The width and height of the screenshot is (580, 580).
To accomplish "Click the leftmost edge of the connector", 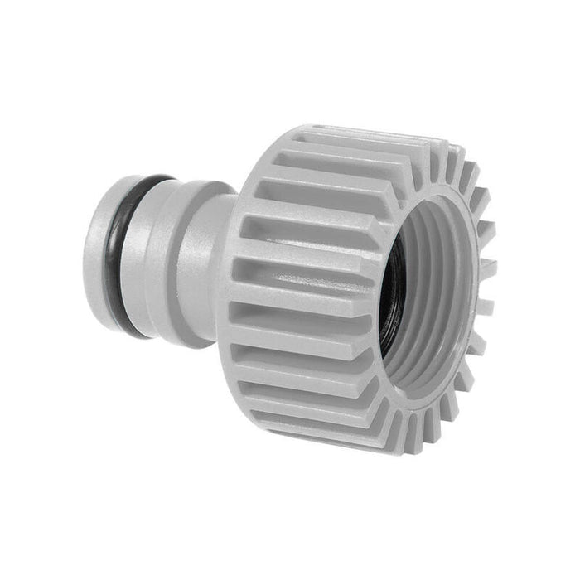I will click(x=85, y=257).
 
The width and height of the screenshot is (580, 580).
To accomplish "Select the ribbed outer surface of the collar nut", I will click(x=298, y=290).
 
